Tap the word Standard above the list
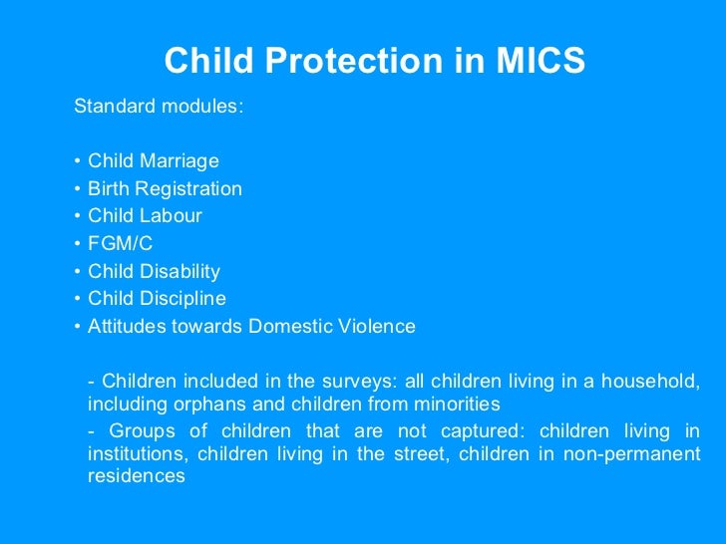coord(110,107)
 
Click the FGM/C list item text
coord(120,244)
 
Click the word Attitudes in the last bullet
coord(124,327)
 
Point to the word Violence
coord(379,327)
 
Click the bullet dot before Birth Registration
coord(77,189)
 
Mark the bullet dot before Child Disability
coord(77,271)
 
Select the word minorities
coord(457,405)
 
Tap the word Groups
coord(140,431)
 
